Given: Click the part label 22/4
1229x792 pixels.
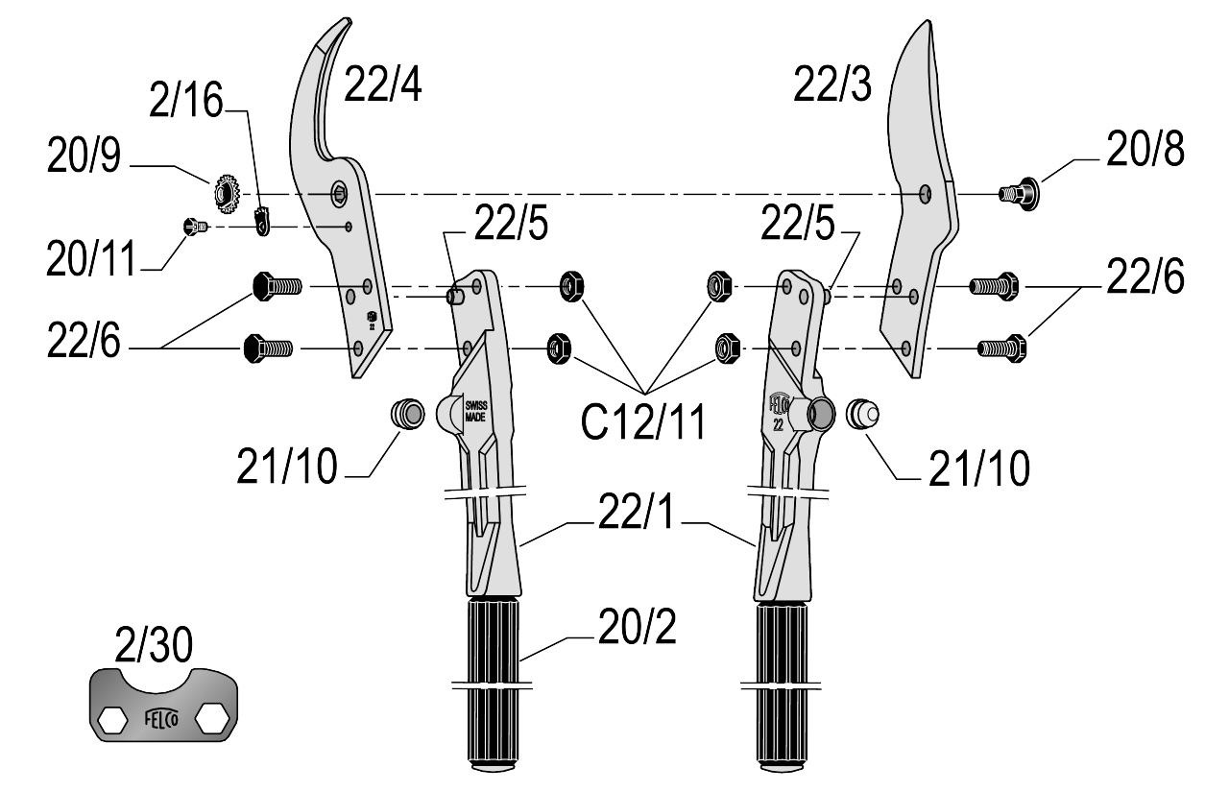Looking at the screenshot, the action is (382, 84).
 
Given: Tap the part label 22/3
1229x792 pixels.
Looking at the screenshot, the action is (832, 84).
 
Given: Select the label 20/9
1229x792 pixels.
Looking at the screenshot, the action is (84, 156).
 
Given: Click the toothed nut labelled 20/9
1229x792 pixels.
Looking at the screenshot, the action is (227, 194).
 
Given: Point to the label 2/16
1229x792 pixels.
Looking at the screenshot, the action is (186, 100).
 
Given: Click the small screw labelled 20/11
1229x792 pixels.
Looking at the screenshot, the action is (194, 226).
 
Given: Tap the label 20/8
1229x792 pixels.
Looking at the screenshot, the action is (1145, 149).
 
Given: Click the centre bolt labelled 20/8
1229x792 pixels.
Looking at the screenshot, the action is (1019, 194).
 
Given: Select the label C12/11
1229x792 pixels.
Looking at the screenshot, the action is (643, 422).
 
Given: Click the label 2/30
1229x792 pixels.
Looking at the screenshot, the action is (154, 645).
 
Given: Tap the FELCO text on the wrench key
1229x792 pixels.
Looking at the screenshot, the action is (161, 718).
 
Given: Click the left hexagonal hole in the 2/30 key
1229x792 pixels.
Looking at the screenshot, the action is (113, 719).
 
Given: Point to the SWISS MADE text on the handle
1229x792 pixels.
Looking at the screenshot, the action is (475, 411).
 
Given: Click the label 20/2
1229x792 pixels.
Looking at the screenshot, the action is (637, 627).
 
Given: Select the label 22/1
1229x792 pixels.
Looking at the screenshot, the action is (636, 512).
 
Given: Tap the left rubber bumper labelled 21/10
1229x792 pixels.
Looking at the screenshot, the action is (408, 414).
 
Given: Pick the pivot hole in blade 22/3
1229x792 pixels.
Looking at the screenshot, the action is (926, 194).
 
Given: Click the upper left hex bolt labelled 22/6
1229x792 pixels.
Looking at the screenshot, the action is (277, 286).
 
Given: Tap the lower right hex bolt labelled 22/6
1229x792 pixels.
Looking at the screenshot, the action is (1002, 348).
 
